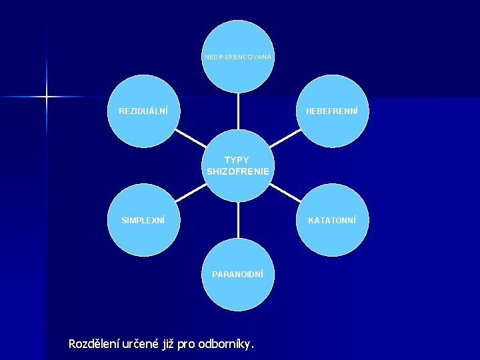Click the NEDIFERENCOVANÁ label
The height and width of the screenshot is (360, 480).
coord(237,57)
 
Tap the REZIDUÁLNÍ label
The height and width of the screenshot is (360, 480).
coord(143,111)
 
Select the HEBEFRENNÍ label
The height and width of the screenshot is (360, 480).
coord(332,111)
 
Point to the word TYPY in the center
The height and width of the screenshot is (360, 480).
coord(237,160)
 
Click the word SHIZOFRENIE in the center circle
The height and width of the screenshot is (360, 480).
coord(238,171)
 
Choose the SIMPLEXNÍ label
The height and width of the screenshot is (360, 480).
coord(143,220)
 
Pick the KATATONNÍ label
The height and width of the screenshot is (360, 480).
coord(332,220)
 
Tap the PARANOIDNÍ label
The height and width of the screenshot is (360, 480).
coord(237,274)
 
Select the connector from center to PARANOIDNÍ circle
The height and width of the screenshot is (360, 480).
coord(238,220)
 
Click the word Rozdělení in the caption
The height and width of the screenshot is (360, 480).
coord(95,344)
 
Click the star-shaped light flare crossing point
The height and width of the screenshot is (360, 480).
coord(47,97)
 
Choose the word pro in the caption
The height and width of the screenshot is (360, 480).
coord(189,344)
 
